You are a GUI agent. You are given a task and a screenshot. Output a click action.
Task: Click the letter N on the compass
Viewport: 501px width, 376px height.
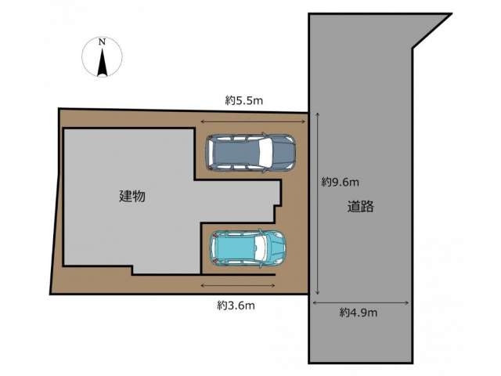click(x=102, y=42)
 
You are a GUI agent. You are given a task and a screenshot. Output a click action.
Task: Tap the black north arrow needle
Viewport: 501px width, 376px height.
click(x=103, y=63)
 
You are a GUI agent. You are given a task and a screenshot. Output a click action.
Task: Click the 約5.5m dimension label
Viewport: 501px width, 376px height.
click(x=244, y=101)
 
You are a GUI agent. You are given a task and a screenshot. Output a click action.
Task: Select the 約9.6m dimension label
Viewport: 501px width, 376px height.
click(x=340, y=183)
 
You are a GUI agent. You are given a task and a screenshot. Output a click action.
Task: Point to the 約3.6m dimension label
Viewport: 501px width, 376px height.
click(x=236, y=305)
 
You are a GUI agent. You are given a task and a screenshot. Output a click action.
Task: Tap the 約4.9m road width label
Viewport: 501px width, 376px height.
click(x=359, y=313)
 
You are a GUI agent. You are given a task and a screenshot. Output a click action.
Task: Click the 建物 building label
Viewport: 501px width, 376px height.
click(x=132, y=196)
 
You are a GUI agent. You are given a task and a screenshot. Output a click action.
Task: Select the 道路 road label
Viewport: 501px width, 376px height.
click(x=360, y=207)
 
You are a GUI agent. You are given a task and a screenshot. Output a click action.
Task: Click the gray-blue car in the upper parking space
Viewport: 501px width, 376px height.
click(x=250, y=154)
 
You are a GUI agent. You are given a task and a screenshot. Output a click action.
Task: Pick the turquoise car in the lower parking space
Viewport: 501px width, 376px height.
click(x=247, y=248)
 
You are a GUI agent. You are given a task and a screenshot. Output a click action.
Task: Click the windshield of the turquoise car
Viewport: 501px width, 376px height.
click(x=260, y=248)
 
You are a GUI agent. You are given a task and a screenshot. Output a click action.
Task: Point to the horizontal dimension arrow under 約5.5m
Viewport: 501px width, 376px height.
click(x=253, y=121)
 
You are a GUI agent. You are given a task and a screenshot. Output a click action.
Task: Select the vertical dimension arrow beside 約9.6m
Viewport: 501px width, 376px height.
click(x=317, y=204)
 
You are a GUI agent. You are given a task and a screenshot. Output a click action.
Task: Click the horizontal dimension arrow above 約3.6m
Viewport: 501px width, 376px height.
click(x=238, y=285)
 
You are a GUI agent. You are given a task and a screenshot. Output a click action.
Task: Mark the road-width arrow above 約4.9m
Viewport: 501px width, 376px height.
click(x=361, y=303)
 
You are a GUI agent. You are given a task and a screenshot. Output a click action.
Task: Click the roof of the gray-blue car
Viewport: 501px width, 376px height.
click(x=236, y=154)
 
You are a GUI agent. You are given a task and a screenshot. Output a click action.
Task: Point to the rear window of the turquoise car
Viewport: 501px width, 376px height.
click(x=214, y=248)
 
